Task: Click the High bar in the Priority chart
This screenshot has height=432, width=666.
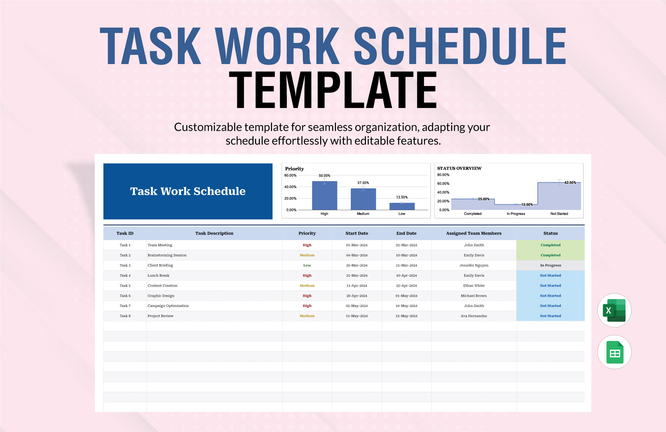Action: (x=324, y=196)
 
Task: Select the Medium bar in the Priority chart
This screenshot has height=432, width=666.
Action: (x=363, y=199)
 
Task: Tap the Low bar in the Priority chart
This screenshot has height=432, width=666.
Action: (x=402, y=206)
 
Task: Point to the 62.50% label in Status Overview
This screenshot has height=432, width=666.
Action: (x=570, y=183)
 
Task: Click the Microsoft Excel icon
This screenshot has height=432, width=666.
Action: (x=614, y=310)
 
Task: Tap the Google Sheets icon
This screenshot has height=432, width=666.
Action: (x=615, y=352)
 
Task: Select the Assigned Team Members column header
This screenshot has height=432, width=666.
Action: (x=473, y=233)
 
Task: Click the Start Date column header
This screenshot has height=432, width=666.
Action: (x=356, y=233)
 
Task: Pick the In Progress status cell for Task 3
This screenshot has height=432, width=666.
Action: (x=550, y=265)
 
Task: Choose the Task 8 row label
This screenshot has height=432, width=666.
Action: (x=125, y=316)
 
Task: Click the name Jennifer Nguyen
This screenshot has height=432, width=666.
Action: (x=474, y=265)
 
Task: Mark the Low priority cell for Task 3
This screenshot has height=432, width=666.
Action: (x=307, y=265)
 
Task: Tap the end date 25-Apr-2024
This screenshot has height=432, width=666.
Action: (x=406, y=286)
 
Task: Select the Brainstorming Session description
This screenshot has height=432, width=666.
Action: (x=167, y=255)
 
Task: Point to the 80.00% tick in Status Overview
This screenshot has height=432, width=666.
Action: (x=443, y=175)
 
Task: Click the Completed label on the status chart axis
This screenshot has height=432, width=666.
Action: (x=473, y=214)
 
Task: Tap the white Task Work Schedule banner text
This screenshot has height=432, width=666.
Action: (x=188, y=191)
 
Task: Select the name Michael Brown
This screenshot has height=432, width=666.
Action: (x=474, y=296)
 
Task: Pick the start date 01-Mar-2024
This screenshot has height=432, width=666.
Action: (x=356, y=245)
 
